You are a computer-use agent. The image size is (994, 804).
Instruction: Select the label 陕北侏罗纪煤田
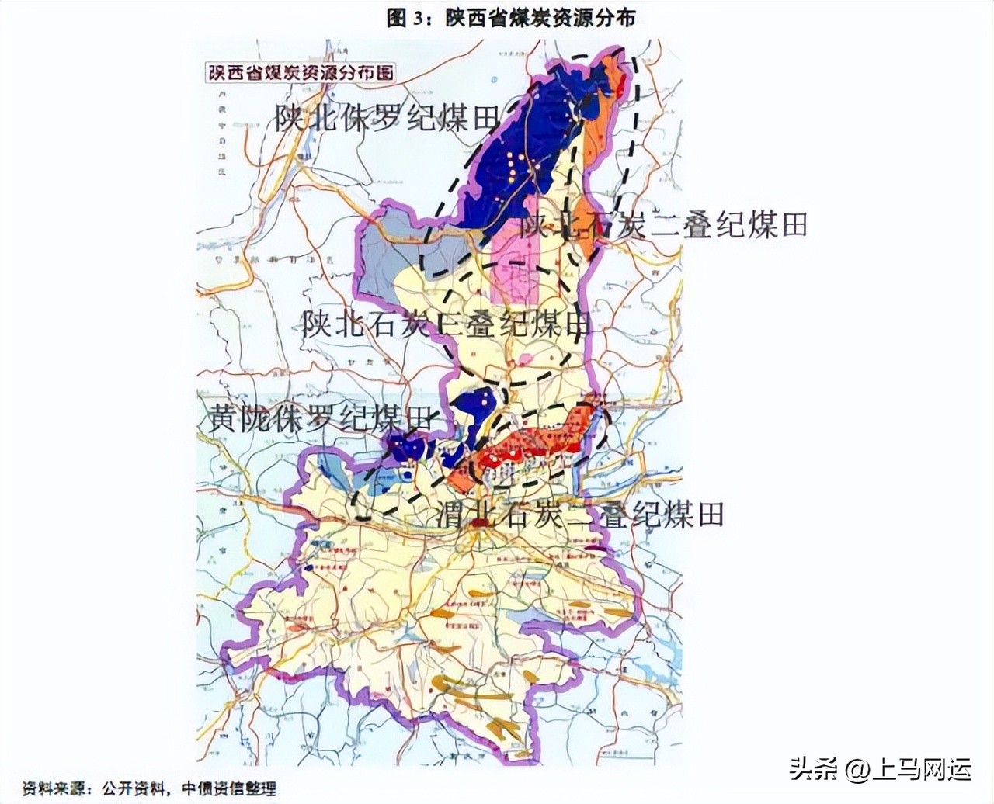pos(386,119)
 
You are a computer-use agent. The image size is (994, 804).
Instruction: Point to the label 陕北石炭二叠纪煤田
pos(664,225)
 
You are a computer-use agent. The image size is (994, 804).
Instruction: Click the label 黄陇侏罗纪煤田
pos(318,419)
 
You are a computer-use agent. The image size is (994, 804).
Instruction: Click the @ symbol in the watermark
pos(856,770)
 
